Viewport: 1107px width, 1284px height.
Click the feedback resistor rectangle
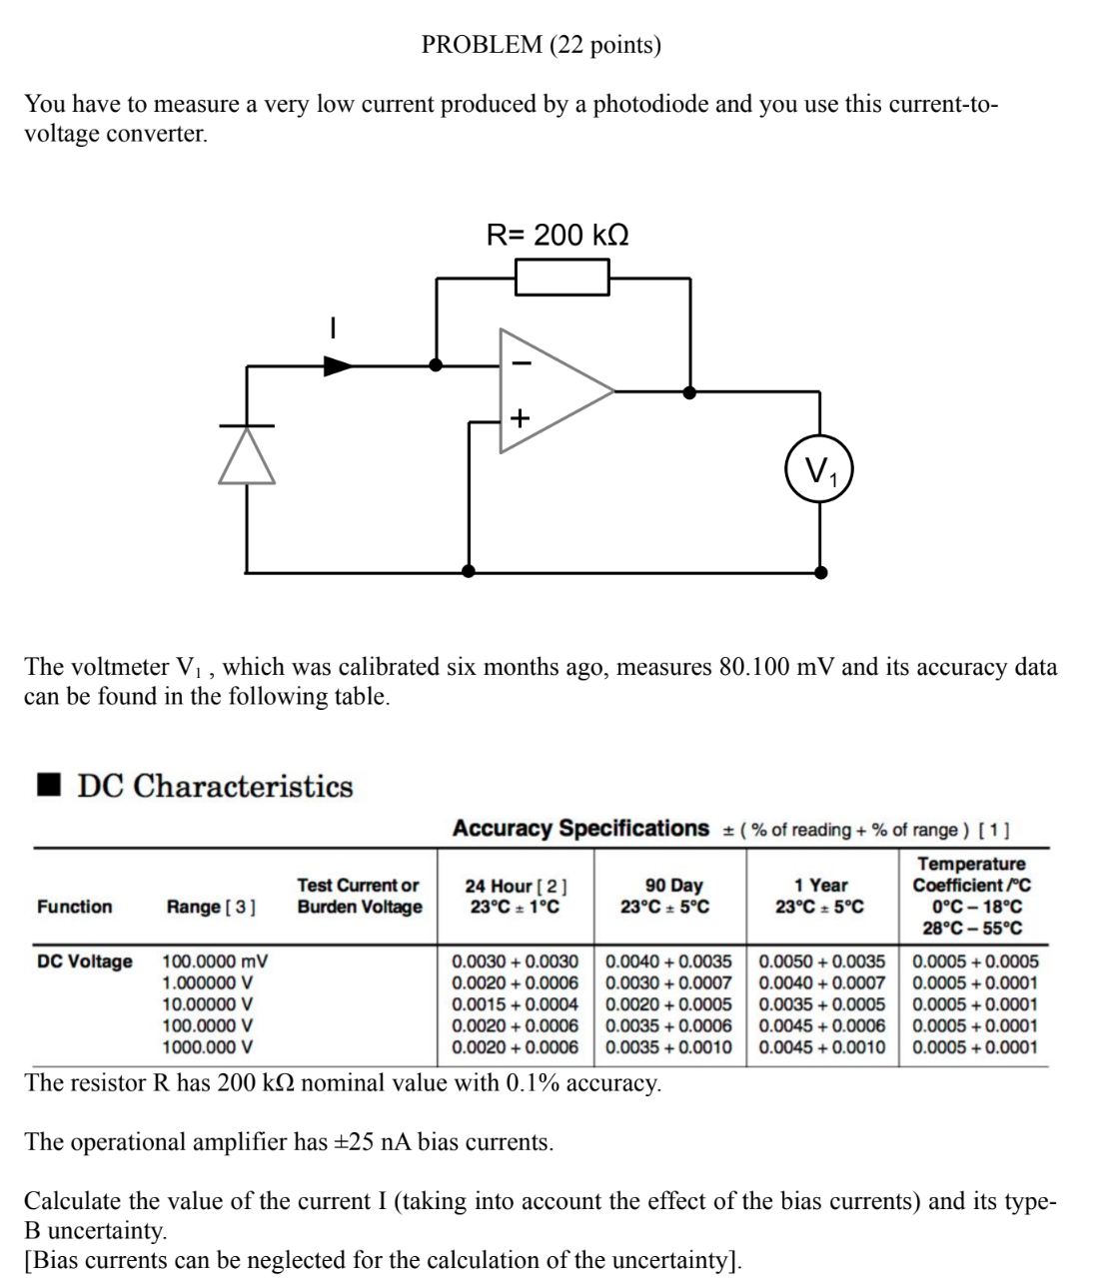(x=561, y=277)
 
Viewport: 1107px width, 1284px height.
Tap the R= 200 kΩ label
(x=557, y=236)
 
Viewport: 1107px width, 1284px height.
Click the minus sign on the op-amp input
(x=518, y=363)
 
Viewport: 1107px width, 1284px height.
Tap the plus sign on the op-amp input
(x=519, y=417)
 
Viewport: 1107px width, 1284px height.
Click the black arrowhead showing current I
(x=338, y=366)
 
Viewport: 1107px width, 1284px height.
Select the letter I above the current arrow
(x=334, y=327)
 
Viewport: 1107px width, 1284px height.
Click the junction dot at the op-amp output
(x=688, y=391)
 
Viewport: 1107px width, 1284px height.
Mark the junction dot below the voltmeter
(x=820, y=572)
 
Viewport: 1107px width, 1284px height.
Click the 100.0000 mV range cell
(x=215, y=962)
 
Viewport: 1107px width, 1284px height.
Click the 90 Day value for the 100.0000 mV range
(x=668, y=962)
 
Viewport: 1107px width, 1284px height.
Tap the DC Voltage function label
(x=84, y=962)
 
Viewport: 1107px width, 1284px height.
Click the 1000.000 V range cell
(x=207, y=1047)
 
